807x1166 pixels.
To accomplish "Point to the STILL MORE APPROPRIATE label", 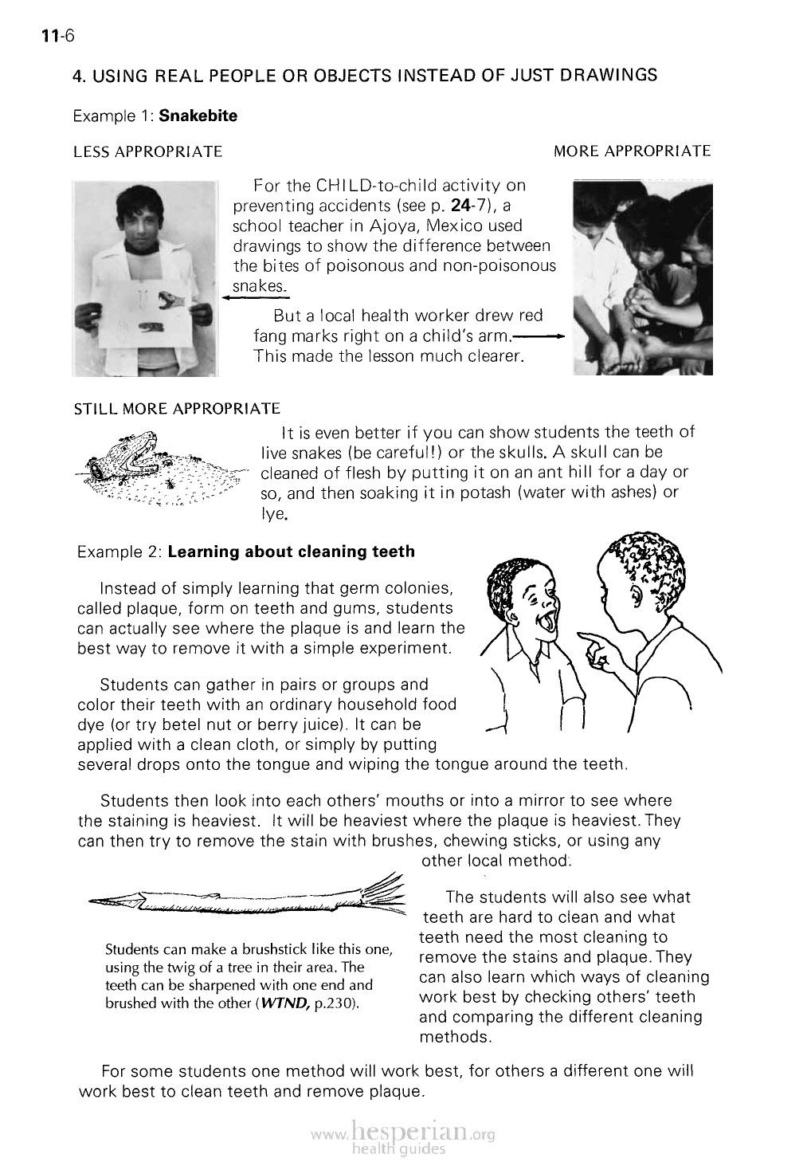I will coord(176,409).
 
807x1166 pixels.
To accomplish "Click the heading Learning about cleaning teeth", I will coord(292,552).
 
